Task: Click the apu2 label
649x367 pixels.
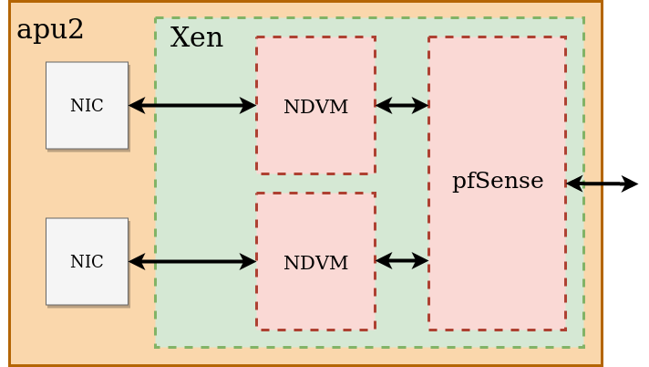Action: (50, 30)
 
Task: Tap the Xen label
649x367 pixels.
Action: (196, 38)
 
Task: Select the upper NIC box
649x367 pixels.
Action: (87, 105)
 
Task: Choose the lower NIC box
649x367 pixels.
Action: (87, 261)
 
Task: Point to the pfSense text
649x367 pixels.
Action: (498, 181)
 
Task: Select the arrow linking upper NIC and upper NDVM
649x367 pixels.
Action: (192, 105)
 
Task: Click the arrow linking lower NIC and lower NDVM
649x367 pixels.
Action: (192, 262)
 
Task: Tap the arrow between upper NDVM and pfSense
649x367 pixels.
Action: (402, 105)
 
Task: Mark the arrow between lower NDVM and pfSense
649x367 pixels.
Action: (402, 261)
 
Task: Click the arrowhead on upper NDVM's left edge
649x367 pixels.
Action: (248, 105)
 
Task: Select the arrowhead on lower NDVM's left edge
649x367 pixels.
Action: (248, 262)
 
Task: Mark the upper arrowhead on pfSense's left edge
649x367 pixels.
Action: (420, 105)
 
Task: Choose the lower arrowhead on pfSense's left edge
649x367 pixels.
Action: (420, 261)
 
